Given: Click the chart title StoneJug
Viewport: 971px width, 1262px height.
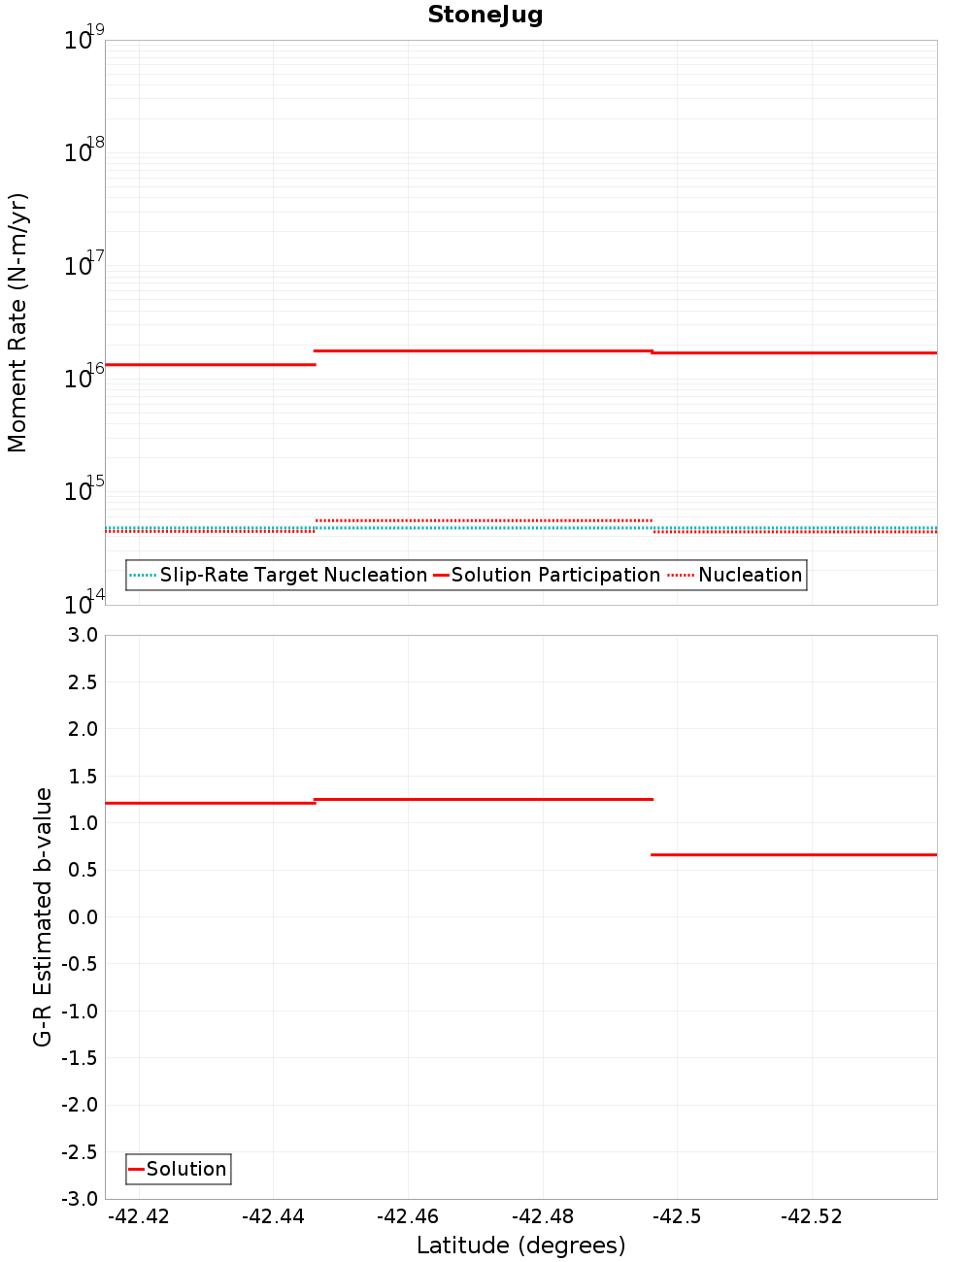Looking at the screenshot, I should [485, 15].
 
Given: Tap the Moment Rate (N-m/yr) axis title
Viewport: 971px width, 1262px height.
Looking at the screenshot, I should [17, 322].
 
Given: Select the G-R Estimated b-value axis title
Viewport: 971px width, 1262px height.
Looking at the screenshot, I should [43, 916].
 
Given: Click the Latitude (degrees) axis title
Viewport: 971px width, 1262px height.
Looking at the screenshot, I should [520, 1245].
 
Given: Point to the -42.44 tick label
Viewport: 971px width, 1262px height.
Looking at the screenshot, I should [273, 1216].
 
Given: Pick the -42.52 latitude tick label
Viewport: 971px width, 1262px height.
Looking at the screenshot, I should [811, 1216].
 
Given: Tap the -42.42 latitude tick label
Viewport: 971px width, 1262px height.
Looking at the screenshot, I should [139, 1216].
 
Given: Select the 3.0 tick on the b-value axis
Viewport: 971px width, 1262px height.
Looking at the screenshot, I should [80, 635].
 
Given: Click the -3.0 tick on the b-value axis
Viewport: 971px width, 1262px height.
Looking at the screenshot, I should [78, 1199].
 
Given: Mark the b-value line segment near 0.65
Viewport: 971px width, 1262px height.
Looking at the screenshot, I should [793, 854].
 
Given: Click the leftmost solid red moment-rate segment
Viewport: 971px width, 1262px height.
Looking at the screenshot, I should [210, 364].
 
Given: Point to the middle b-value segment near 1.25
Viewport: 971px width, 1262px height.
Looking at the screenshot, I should [484, 799].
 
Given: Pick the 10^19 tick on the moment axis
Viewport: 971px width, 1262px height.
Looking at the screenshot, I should [84, 40].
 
